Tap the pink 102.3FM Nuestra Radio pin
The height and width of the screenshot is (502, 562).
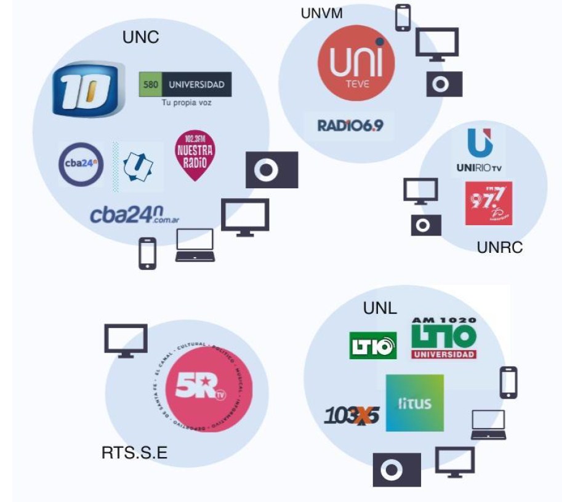click(x=195, y=155)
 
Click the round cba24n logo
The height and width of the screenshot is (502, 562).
click(x=81, y=165)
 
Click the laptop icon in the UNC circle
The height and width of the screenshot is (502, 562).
click(x=195, y=244)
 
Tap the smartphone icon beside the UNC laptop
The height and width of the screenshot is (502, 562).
click(x=147, y=253)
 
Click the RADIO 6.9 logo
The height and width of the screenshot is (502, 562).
click(x=350, y=125)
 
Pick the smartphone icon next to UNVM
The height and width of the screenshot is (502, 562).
click(x=403, y=17)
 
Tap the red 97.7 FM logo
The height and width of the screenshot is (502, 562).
click(x=488, y=202)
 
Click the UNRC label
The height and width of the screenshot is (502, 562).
click(x=500, y=248)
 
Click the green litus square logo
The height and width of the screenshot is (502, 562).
click(x=414, y=403)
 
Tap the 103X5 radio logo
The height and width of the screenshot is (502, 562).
click(x=351, y=416)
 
